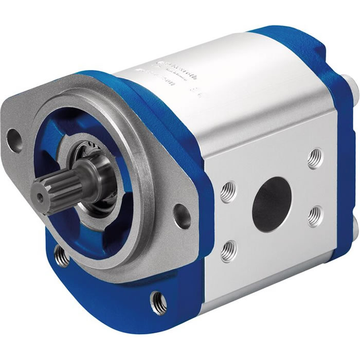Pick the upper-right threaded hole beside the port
(315, 158)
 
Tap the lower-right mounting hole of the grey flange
(181, 211)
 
